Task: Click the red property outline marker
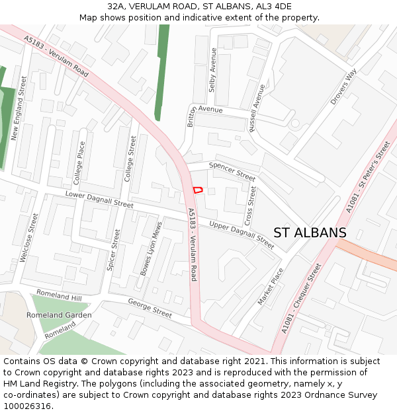[x=197, y=190]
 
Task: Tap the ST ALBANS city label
[x=310, y=233]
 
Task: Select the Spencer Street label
[x=232, y=172]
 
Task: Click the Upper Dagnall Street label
[x=241, y=235]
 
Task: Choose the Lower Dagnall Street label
[x=99, y=200]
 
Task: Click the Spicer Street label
[x=114, y=250]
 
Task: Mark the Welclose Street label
[x=28, y=237]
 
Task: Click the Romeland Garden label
[x=59, y=315]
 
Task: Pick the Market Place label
[x=271, y=286]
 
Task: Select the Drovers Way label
[x=343, y=86]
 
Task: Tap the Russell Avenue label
[x=257, y=108]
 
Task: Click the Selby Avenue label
[x=213, y=69]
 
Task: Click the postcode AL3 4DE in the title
[x=273, y=6]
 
